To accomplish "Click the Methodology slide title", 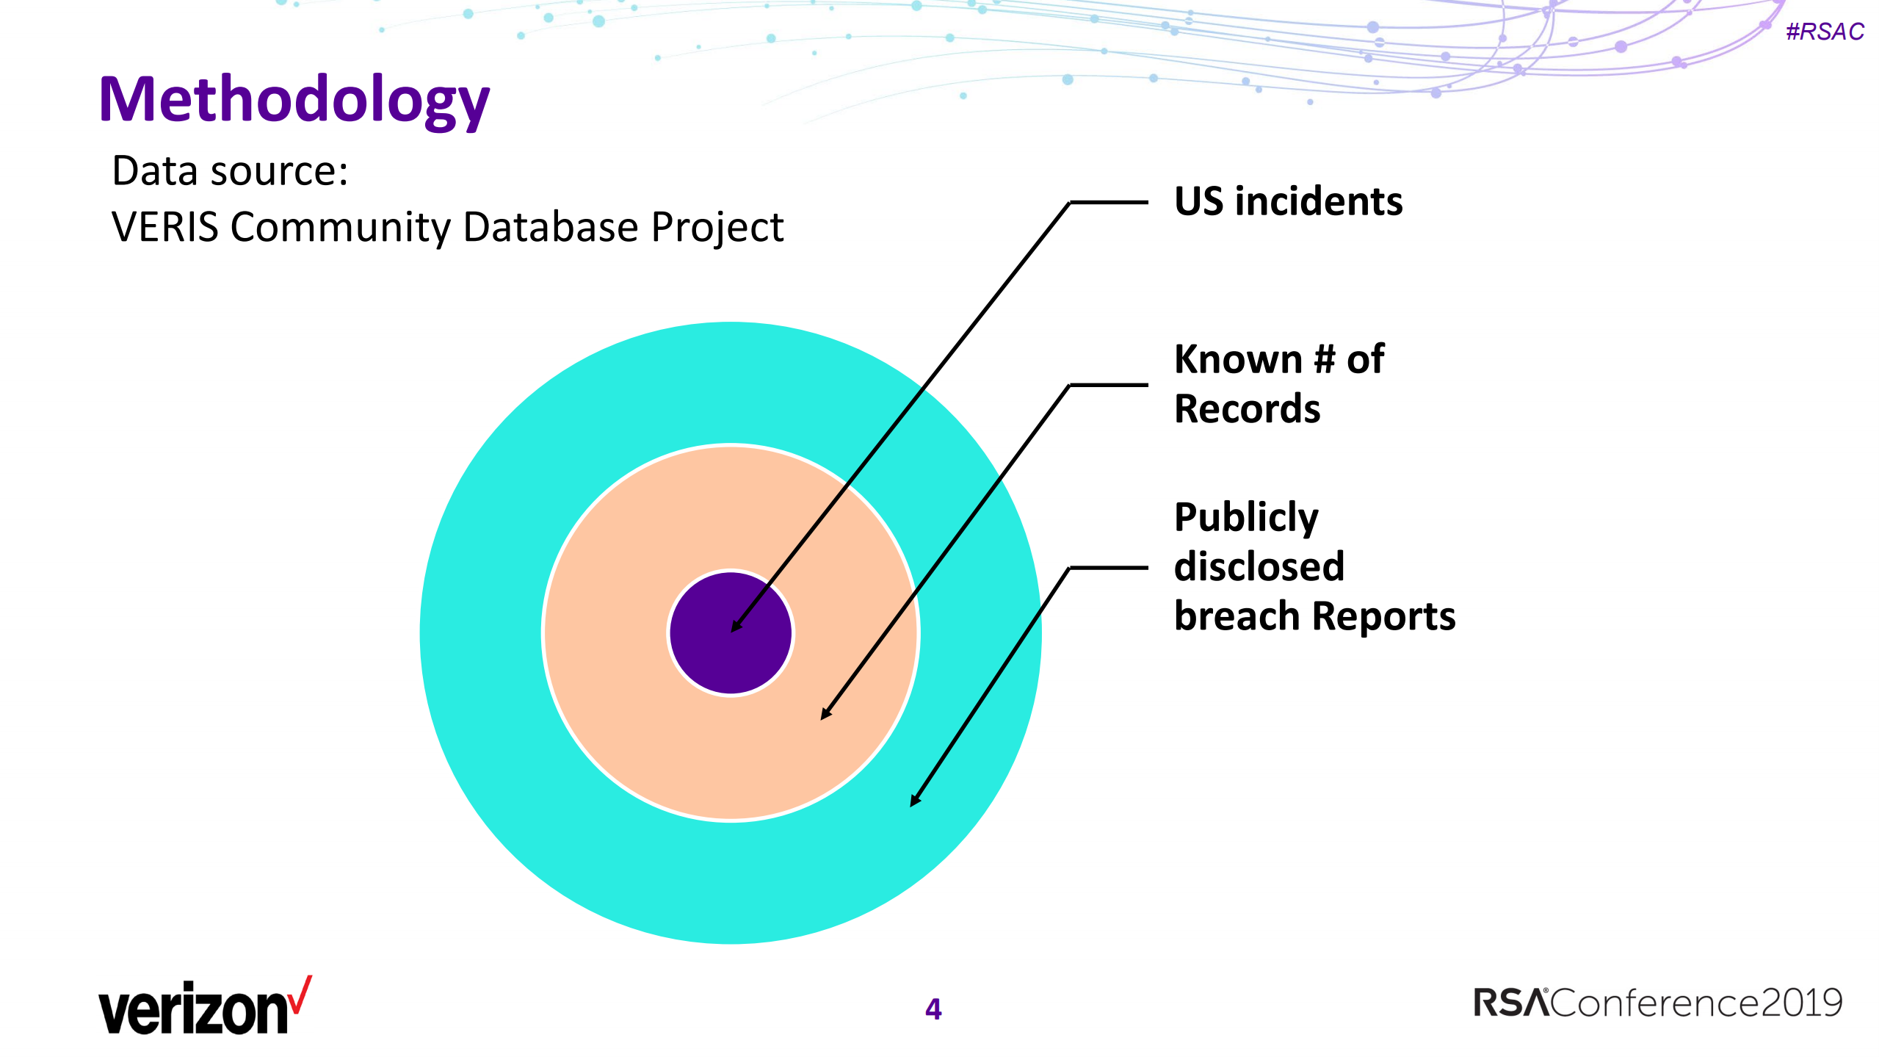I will click(294, 100).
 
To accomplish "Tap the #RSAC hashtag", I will click(1825, 32).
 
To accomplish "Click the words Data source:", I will click(230, 171).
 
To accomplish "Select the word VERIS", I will click(164, 226).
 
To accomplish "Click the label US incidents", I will click(1288, 201).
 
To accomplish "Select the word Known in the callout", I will click(1238, 359).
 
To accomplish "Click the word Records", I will click(1247, 409).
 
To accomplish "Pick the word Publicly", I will click(1246, 518).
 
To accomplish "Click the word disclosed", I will click(1259, 566).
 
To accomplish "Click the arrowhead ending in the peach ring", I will click(825, 714).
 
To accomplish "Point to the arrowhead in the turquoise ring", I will click(914, 801).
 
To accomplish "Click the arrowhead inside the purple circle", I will click(736, 627).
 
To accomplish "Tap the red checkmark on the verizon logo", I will click(300, 995).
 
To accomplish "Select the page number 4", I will click(933, 1009).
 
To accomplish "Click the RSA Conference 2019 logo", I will click(1657, 1003).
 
